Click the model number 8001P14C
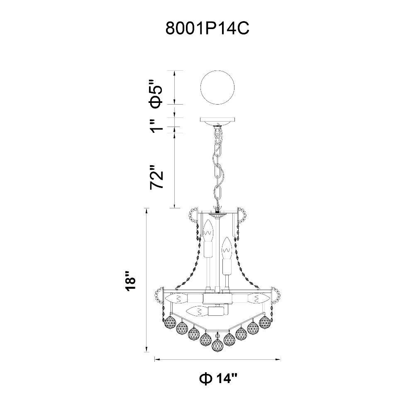(207, 29)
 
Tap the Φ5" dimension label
(156, 94)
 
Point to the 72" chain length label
(156, 177)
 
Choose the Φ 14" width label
(218, 379)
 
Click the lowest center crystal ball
(217, 345)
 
